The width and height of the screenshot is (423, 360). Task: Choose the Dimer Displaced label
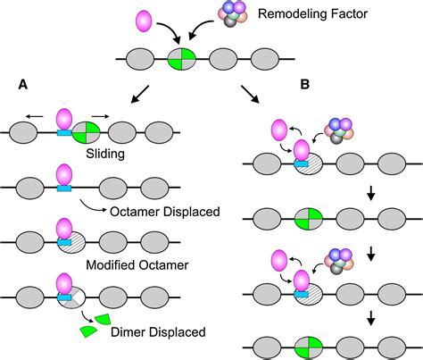point(160,332)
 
